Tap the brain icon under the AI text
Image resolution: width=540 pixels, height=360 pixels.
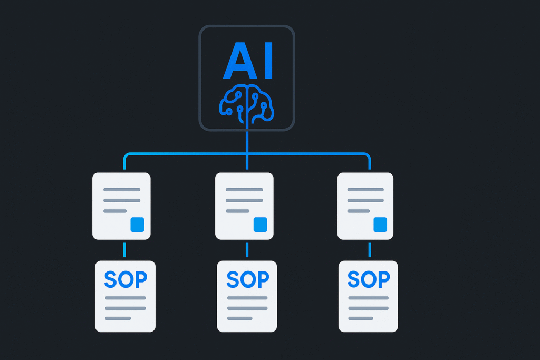coord(247,104)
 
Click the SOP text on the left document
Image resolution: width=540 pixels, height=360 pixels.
coord(126,279)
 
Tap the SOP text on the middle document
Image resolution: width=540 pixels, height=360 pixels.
coord(248,279)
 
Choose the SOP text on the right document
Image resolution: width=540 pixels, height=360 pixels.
coord(369,279)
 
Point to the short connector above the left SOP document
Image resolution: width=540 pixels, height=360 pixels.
coord(125,250)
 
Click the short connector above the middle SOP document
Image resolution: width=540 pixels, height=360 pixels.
coord(247,250)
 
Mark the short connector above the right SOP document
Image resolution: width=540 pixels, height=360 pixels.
coord(369,250)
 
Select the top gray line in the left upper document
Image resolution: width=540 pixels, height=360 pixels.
coord(122,189)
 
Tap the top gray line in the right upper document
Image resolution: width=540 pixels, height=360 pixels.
coord(365,189)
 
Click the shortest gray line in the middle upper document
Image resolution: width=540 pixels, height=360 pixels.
coord(237,211)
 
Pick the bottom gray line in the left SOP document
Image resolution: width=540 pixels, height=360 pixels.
coord(118,318)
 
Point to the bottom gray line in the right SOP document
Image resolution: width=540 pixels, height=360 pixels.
coord(361,318)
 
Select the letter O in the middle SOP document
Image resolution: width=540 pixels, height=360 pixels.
coord(248,279)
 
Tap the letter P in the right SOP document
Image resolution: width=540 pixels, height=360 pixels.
coord(383,279)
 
